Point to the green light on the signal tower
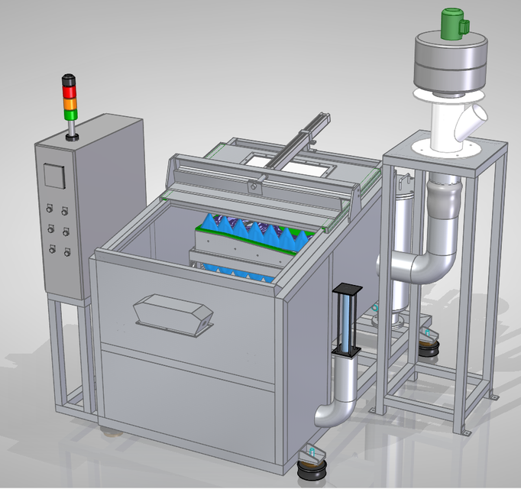tap(70, 114)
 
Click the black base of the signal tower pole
tap(73, 138)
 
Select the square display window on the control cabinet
tap(53, 175)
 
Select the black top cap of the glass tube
tap(347, 290)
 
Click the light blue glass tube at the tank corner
tap(347, 321)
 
